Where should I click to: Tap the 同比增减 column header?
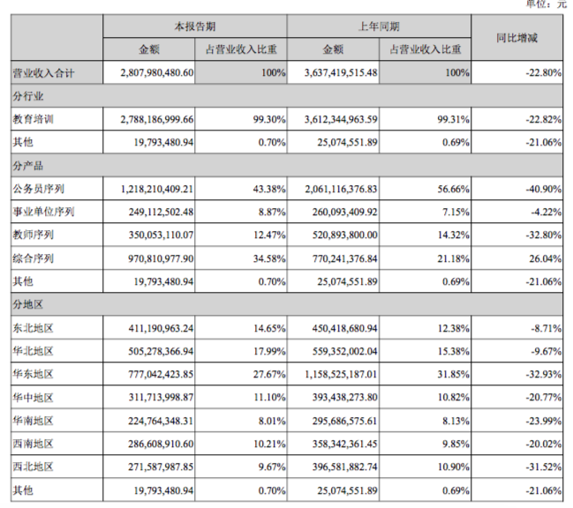(x=516, y=38)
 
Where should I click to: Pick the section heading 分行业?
(x=27, y=94)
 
